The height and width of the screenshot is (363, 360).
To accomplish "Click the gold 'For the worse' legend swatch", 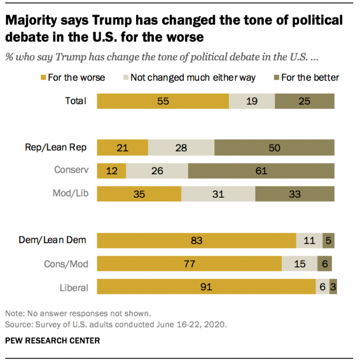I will click(x=43, y=78).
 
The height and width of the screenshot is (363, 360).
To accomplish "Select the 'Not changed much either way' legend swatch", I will click(x=125, y=78).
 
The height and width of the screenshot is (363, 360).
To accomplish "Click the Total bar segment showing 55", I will click(x=163, y=101).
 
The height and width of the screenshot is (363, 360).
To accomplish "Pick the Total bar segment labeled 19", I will click(x=252, y=101).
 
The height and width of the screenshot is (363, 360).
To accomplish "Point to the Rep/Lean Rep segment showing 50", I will click(x=274, y=147).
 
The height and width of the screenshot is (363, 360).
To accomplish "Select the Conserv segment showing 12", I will click(x=111, y=170).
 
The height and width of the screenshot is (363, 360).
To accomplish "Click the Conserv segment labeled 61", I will click(x=261, y=170).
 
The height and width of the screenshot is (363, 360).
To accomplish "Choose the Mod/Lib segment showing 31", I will click(x=218, y=194).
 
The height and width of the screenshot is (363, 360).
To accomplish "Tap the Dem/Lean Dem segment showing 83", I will click(x=196, y=240).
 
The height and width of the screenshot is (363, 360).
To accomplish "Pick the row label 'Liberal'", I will click(x=74, y=288).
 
